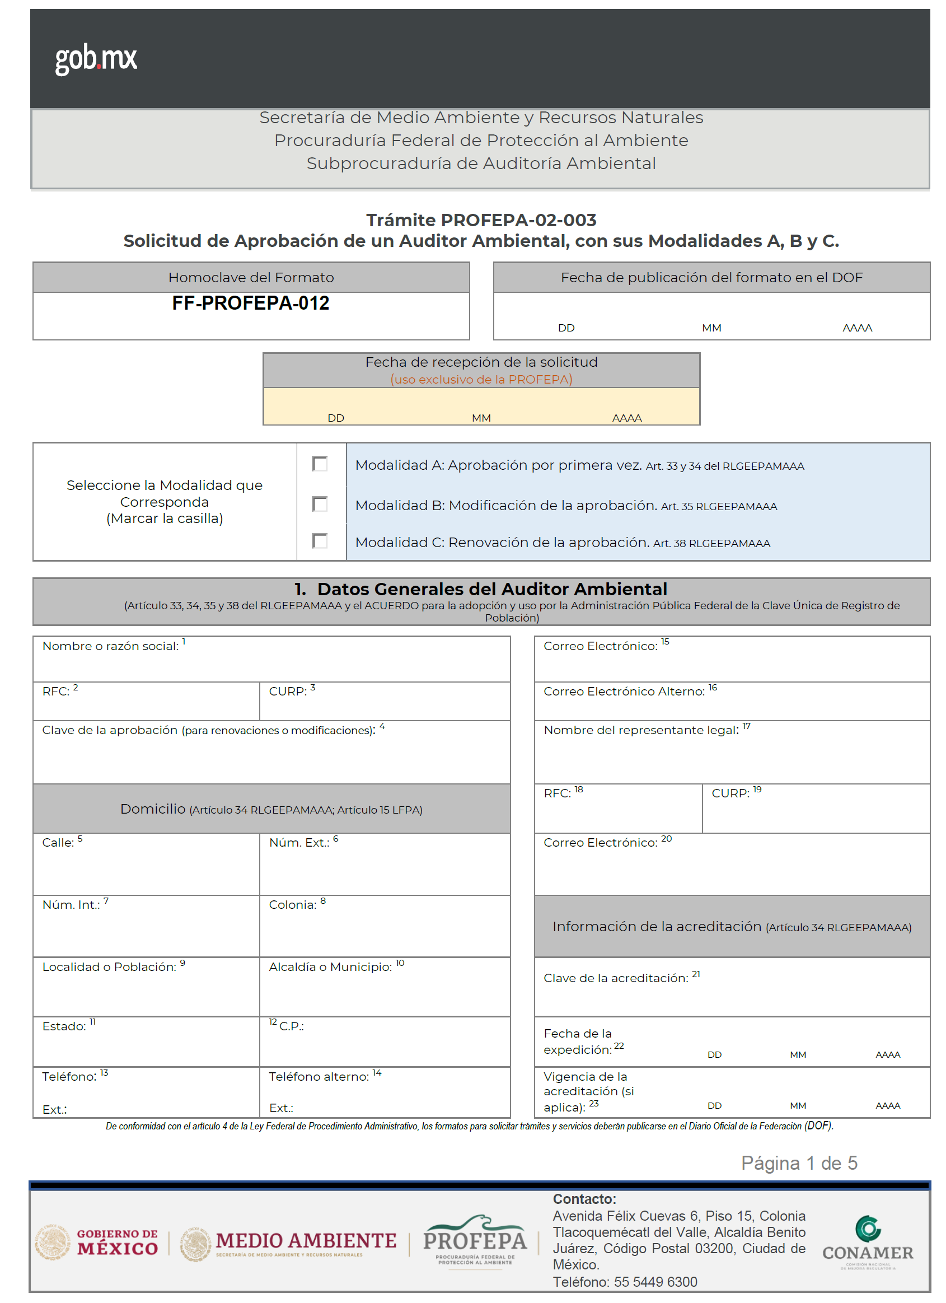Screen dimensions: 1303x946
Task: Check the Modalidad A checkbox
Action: pyautogui.click(x=320, y=464)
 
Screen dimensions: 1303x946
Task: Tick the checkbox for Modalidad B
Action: pyautogui.click(x=320, y=504)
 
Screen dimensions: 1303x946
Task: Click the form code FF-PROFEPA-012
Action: pyautogui.click(x=250, y=303)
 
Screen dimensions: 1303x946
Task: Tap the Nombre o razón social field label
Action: pyautogui.click(x=110, y=646)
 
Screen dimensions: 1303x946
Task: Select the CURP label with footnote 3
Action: pyautogui.click(x=288, y=692)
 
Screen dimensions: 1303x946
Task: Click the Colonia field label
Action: pyautogui.click(x=293, y=905)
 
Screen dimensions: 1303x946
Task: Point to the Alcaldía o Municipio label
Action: pyautogui.click(x=331, y=967)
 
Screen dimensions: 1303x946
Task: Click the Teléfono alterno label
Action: pyautogui.click(x=320, y=1077)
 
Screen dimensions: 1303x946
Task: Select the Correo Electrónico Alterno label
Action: pyautogui.click(x=624, y=692)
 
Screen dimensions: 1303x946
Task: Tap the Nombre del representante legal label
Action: pyautogui.click(x=641, y=730)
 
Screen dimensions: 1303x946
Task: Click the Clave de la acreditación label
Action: pyautogui.click(x=616, y=978)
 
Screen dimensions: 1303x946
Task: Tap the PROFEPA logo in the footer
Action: pyautogui.click(x=475, y=1241)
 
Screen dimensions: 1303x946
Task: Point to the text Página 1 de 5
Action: pyautogui.click(x=799, y=1164)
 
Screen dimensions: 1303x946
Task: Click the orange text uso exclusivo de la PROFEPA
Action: pyautogui.click(x=481, y=380)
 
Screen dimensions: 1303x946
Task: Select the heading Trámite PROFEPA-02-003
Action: pyautogui.click(x=481, y=220)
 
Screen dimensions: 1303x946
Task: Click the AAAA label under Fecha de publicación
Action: pyautogui.click(x=857, y=328)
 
